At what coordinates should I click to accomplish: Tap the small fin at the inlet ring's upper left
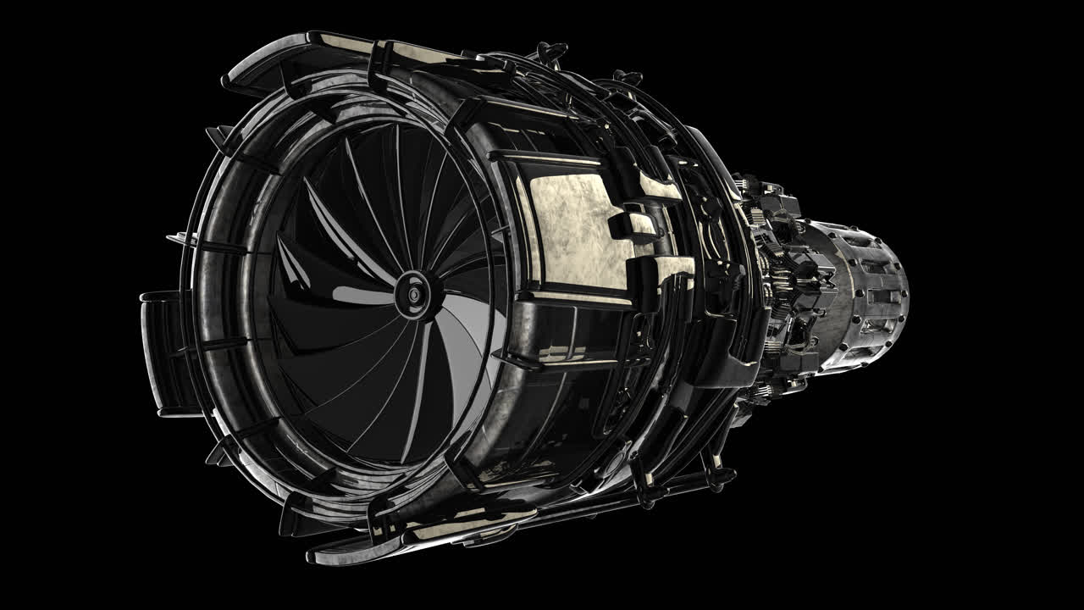click(222, 136)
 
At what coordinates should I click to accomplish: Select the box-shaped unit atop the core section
click(775, 203)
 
